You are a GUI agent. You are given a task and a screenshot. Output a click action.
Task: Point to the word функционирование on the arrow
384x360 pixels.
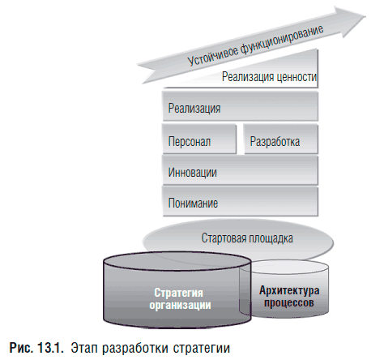click(282, 40)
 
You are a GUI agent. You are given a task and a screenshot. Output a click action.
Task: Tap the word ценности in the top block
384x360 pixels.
click(293, 77)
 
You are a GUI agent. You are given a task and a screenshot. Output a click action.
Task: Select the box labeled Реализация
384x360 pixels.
click(240, 106)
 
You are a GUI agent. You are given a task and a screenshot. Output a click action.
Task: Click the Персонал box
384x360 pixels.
click(199, 139)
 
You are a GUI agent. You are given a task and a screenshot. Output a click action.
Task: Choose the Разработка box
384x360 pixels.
click(281, 139)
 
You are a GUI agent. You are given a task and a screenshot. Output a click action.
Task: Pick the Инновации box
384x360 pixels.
click(240, 170)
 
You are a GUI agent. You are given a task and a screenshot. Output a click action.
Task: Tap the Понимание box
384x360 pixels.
click(240, 201)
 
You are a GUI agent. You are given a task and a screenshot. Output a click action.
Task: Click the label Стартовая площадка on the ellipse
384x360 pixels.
click(247, 238)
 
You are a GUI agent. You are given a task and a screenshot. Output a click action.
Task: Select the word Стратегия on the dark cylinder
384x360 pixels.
click(178, 293)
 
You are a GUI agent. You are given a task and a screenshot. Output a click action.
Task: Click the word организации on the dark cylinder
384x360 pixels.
click(180, 305)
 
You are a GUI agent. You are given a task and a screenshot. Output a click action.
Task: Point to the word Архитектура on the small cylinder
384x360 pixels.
click(289, 290)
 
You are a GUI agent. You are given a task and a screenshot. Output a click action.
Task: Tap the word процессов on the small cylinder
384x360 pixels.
click(289, 302)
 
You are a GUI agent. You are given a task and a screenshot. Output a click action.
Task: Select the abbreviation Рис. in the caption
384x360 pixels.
click(21, 348)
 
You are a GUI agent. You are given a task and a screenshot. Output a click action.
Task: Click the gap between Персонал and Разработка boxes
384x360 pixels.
click(240, 139)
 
